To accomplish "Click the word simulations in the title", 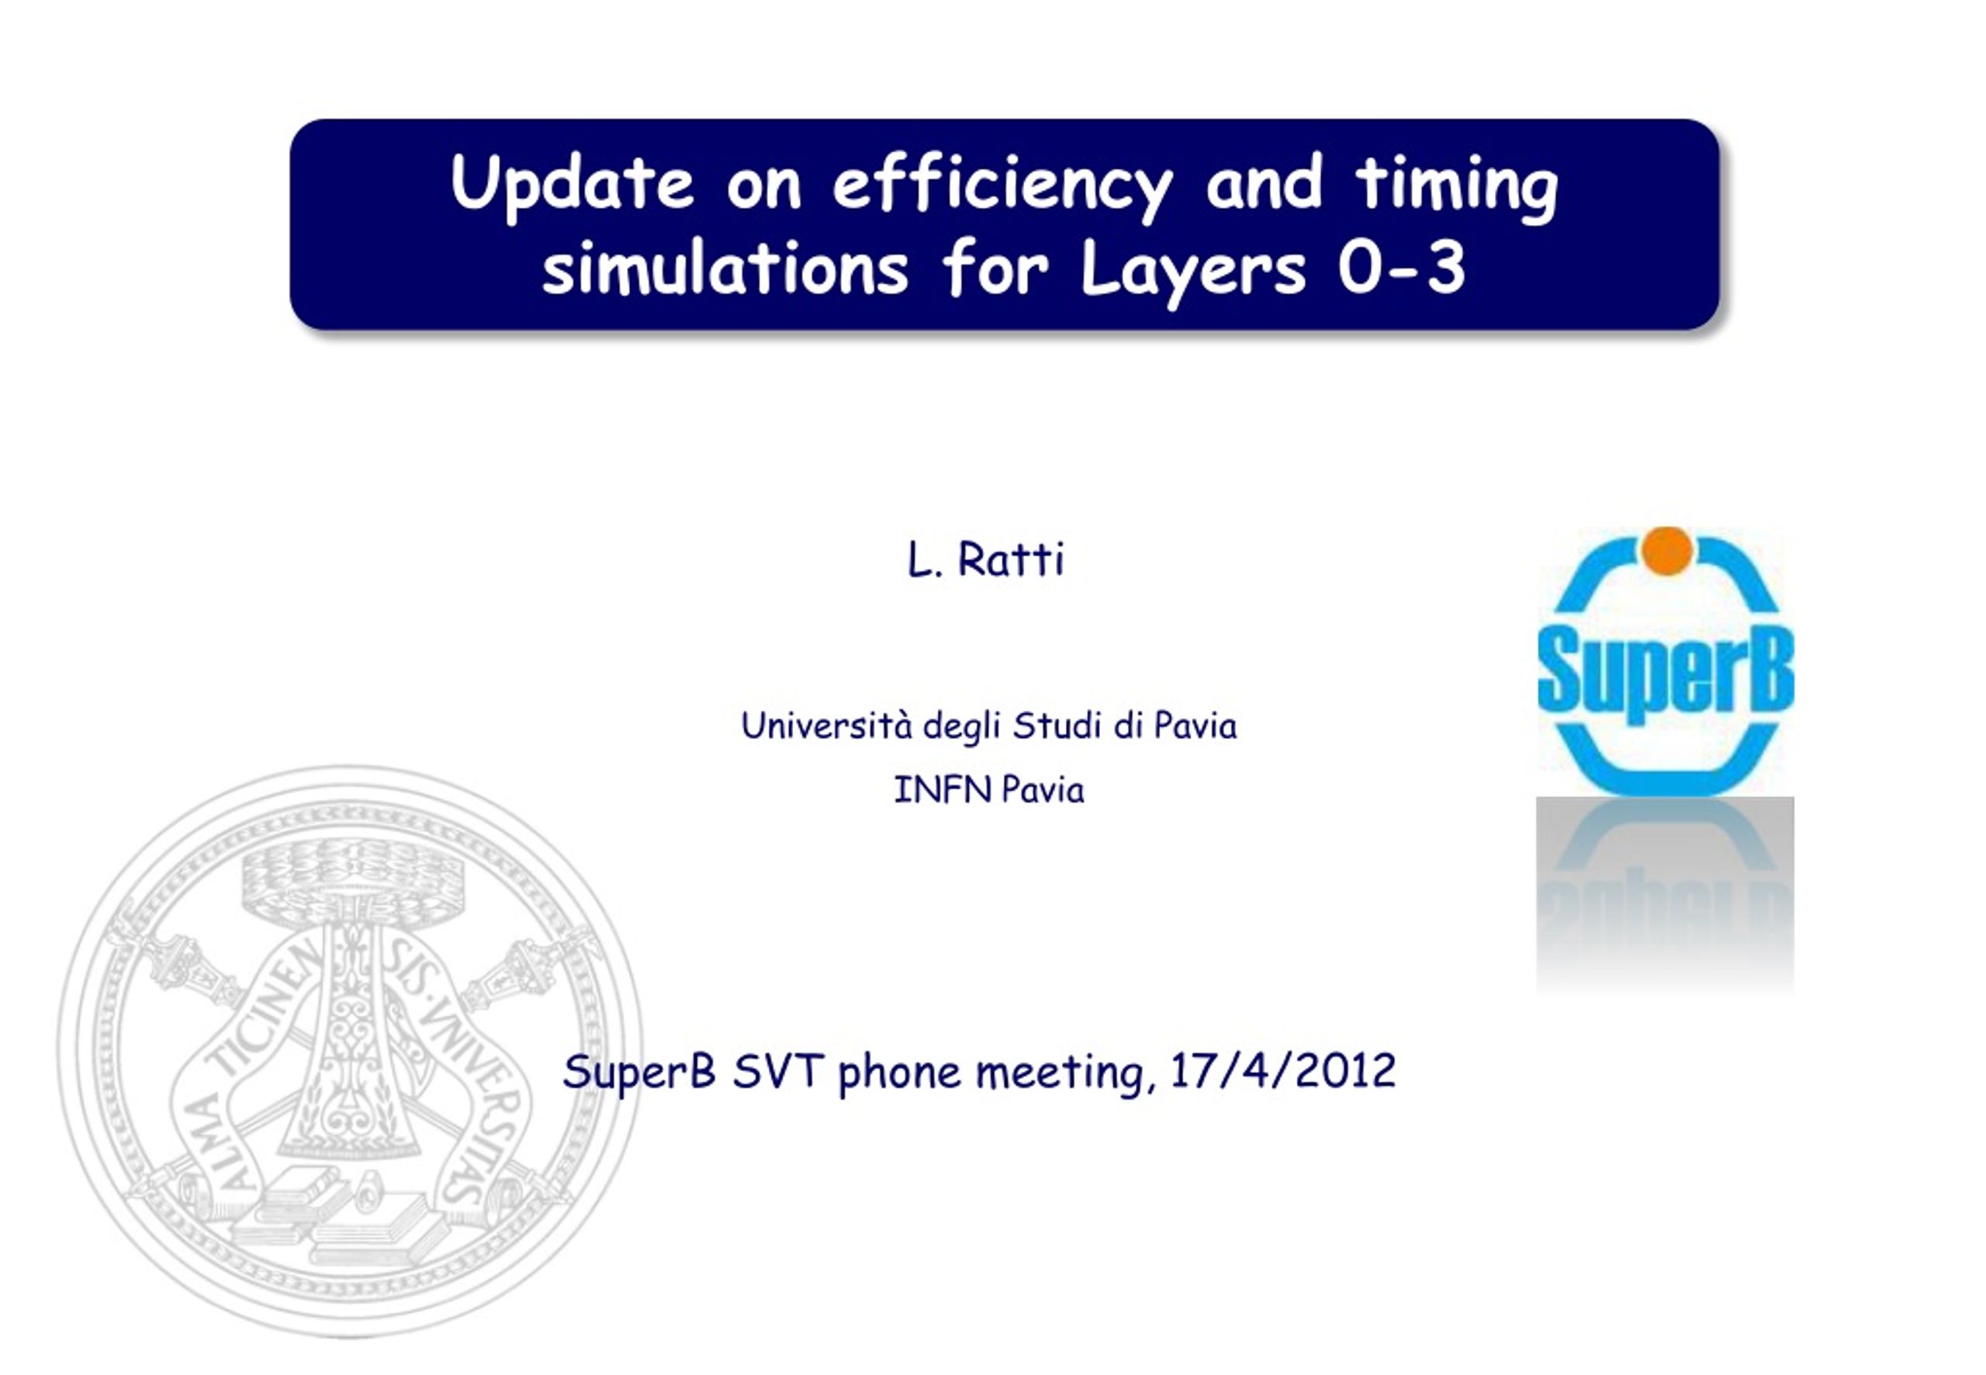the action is tap(725, 268).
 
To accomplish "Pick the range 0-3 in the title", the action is tap(1401, 268).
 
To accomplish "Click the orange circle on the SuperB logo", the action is tap(1667, 549).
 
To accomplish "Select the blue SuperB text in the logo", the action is tap(1666, 670).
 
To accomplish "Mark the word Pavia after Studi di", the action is tap(1195, 726).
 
